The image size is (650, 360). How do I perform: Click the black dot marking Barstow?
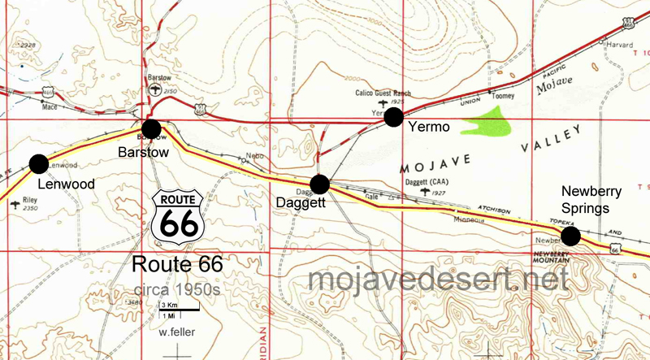[x=150, y=128]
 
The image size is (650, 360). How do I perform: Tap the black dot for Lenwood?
[x=38, y=163]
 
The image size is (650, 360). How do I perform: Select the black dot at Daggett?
[x=319, y=184]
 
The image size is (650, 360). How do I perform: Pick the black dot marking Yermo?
[x=394, y=118]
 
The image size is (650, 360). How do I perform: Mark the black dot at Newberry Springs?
[x=570, y=236]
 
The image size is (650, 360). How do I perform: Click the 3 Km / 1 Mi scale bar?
[x=178, y=309]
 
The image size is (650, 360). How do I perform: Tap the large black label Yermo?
[x=429, y=128]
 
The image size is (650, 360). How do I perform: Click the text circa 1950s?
[x=177, y=289]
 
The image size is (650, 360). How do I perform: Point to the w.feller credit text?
[x=178, y=331]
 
